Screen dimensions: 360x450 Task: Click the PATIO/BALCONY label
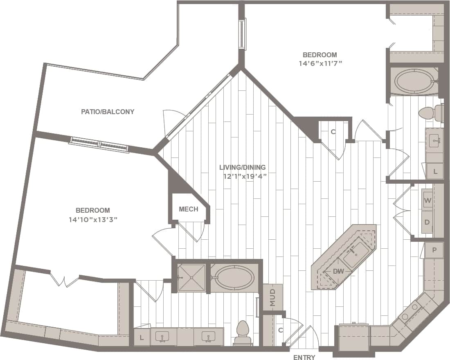(x=107, y=111)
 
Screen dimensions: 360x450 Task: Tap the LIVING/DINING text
(x=242, y=167)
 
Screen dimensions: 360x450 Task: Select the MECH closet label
(x=189, y=209)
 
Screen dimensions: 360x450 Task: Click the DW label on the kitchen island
(x=338, y=271)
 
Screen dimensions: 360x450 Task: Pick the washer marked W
(x=428, y=200)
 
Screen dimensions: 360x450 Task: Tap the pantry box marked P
(x=434, y=250)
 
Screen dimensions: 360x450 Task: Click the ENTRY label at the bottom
(x=304, y=358)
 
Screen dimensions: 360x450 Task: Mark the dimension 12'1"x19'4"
(x=245, y=176)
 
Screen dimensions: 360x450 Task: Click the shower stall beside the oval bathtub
(x=191, y=278)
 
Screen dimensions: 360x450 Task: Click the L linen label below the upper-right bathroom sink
(x=435, y=171)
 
